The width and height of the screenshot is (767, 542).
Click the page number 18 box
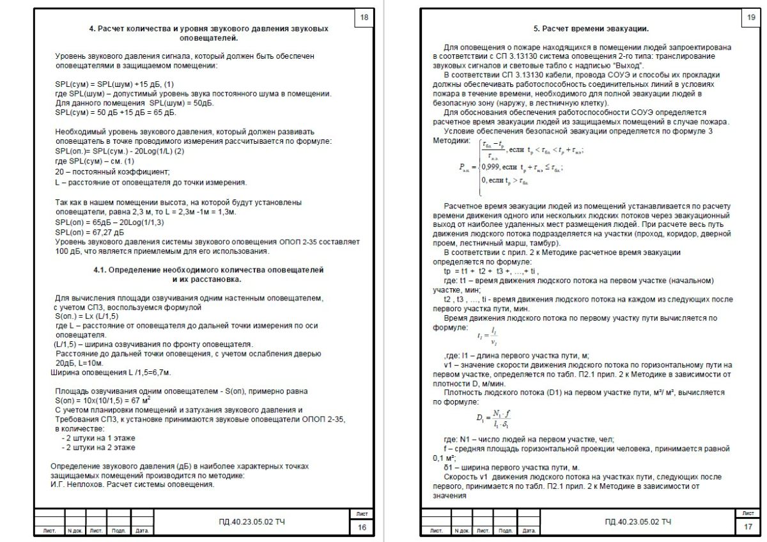point(364,18)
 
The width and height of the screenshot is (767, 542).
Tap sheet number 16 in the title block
point(362,527)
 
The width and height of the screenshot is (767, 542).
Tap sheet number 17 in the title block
point(748,527)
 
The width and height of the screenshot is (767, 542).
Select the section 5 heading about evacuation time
point(591,29)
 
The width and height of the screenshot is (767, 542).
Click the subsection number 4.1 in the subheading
point(102,270)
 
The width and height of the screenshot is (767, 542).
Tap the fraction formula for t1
point(486,335)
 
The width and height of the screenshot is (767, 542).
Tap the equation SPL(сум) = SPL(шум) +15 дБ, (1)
point(114,84)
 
